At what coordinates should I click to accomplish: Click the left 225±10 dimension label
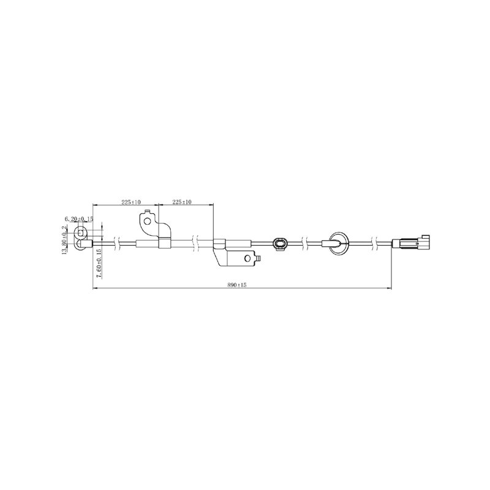pos(131,202)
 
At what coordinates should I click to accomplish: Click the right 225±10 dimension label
pos(182,202)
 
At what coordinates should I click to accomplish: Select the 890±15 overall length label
pos(237,285)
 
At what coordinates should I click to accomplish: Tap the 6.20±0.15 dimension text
pos(79,219)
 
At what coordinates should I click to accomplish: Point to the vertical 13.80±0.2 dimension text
pos(65,240)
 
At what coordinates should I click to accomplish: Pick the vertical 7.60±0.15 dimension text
pos(99,263)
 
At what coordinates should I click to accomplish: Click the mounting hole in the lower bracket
pos(248,258)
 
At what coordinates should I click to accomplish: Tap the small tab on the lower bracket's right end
pos(258,258)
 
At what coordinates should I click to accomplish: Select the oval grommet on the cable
pos(280,244)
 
